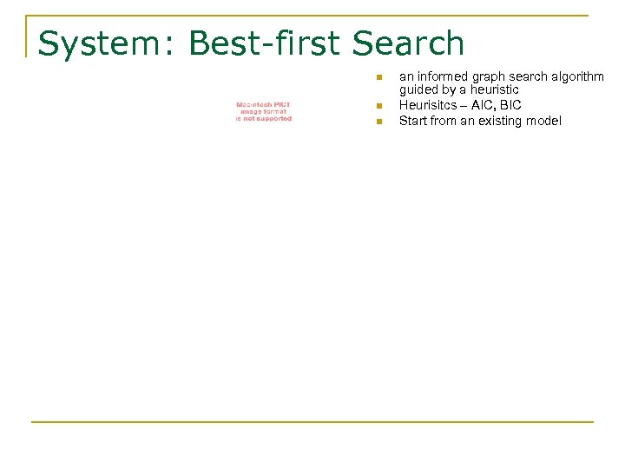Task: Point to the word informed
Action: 441,76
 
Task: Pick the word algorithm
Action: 576,76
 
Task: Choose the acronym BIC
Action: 511,105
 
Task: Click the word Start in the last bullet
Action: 412,121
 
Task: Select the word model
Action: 543,121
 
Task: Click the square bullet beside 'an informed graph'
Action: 378,78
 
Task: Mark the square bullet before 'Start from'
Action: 378,122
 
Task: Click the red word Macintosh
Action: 253,105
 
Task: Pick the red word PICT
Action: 281,105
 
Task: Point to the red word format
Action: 278,112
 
